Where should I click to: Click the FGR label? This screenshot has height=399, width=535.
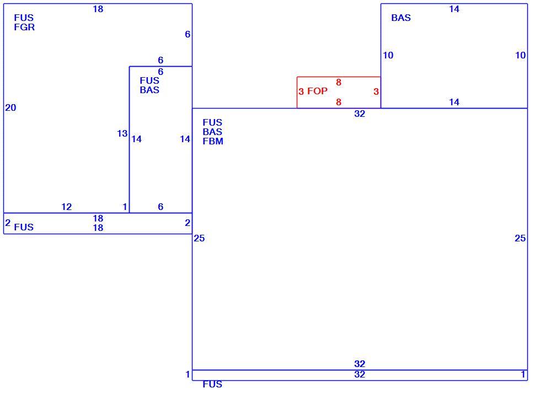[x=24, y=28]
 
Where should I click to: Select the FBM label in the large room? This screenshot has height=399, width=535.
[x=213, y=141]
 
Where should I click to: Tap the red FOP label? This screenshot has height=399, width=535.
[x=317, y=91]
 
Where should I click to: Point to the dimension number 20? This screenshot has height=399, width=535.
[x=10, y=108]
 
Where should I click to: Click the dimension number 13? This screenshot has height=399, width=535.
[x=122, y=134]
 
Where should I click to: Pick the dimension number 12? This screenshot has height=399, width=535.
[x=67, y=207]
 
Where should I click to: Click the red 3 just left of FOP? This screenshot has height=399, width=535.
[x=301, y=91]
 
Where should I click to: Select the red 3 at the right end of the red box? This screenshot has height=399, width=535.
[x=376, y=91]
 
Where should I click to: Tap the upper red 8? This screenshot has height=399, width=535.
[x=339, y=82]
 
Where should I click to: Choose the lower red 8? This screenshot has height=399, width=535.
[x=339, y=102]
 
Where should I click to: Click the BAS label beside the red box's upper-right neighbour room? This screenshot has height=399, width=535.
[x=401, y=18]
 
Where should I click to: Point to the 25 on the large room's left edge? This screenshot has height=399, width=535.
[x=199, y=239]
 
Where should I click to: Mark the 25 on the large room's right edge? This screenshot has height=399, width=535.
[x=520, y=239]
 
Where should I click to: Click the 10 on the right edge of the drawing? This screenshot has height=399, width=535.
[x=520, y=55]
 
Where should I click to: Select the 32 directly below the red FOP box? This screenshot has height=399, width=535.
[x=360, y=114]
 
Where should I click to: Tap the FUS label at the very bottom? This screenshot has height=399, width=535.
[x=212, y=384]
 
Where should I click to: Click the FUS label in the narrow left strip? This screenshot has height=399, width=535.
[x=24, y=227]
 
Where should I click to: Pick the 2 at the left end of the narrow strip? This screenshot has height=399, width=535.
[x=8, y=223]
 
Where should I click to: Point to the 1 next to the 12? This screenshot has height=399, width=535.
[x=125, y=207]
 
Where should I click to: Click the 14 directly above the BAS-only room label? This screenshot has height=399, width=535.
[x=454, y=9]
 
